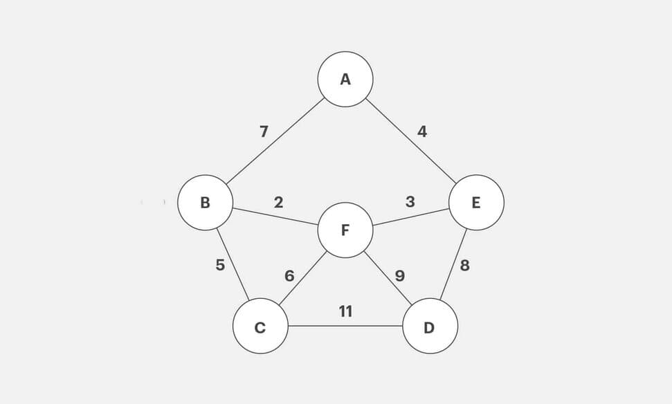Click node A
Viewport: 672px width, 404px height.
(345, 79)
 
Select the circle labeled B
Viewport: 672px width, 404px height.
(205, 203)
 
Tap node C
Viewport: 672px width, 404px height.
(260, 326)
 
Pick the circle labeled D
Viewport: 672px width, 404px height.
(430, 326)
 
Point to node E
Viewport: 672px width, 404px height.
(476, 203)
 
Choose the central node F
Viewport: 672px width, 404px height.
(345, 230)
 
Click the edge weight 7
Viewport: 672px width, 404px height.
(264, 131)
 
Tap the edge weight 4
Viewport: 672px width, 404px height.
(422, 131)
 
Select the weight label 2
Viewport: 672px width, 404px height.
(278, 202)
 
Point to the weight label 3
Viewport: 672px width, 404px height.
(410, 202)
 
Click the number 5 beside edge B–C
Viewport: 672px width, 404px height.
(220, 265)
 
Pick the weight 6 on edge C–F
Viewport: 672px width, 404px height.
(289, 276)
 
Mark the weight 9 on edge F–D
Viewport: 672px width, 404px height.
(399, 276)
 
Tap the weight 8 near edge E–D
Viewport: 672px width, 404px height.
(465, 265)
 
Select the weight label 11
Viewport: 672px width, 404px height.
(345, 311)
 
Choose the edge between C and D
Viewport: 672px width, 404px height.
(345, 326)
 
